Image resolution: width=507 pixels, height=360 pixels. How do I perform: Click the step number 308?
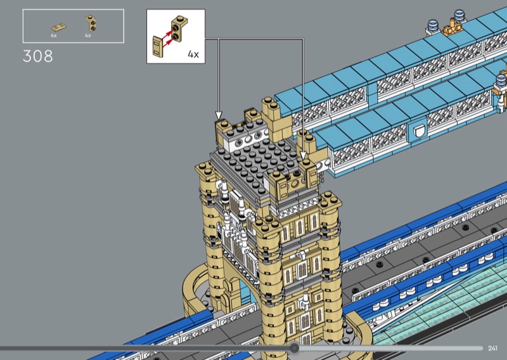pos(38,56)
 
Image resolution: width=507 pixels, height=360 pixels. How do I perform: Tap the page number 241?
pos(492,348)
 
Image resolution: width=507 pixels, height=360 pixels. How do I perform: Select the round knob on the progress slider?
pos(294,348)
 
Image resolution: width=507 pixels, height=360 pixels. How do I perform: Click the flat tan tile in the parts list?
pos(58,27)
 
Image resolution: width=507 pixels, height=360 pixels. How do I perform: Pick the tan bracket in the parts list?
pos(91,23)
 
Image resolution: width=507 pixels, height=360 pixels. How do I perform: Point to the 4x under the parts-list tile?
pos(54,35)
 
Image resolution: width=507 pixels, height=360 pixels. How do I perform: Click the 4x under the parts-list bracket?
pos(88,35)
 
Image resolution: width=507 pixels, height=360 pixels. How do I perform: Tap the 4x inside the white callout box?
pos(193,55)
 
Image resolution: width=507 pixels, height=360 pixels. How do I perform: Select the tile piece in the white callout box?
pos(158,47)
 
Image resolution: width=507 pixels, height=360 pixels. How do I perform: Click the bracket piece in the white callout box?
pos(179,29)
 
